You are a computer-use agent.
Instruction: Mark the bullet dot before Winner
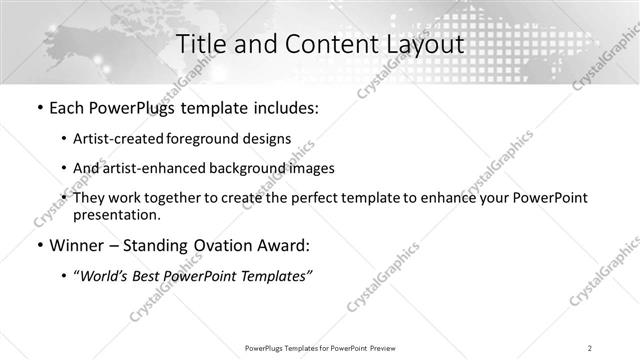[x=38, y=245]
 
